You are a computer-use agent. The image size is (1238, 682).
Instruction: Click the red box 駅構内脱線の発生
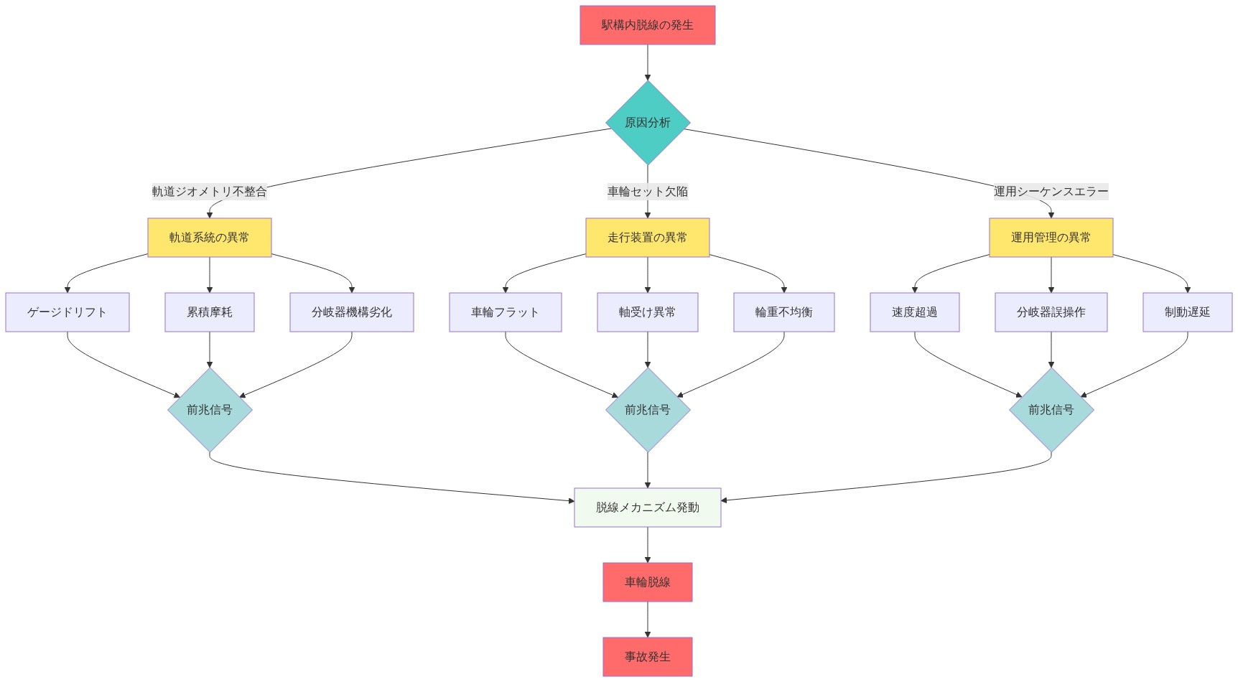pyautogui.click(x=648, y=25)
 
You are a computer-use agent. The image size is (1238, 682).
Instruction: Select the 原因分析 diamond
pyautogui.click(x=648, y=123)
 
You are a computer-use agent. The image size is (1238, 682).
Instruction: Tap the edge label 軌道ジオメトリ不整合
pyautogui.click(x=209, y=192)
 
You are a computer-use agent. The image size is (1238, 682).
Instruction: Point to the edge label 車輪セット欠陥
pyautogui.click(x=648, y=192)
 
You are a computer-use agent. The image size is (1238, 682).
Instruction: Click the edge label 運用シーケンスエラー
pyautogui.click(x=1051, y=192)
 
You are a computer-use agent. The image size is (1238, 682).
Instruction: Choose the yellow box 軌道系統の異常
pyautogui.click(x=210, y=238)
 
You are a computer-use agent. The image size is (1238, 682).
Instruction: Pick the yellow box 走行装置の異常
pyautogui.click(x=648, y=238)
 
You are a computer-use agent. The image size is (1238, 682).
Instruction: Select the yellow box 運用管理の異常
pyautogui.click(x=1051, y=238)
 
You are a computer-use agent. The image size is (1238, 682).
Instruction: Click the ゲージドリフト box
pyautogui.click(x=68, y=312)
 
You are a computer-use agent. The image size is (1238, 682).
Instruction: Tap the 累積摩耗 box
pyautogui.click(x=210, y=312)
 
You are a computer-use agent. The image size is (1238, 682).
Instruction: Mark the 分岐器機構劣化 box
pyautogui.click(x=352, y=312)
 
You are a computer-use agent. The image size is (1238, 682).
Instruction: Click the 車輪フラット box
pyautogui.click(x=506, y=312)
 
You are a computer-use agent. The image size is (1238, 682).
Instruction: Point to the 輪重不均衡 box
pyautogui.click(x=784, y=312)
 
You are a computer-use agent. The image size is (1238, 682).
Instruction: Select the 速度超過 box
pyautogui.click(x=915, y=312)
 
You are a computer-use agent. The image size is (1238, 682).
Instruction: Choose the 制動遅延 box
pyautogui.click(x=1188, y=312)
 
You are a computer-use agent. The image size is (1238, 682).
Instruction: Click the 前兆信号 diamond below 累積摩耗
pyautogui.click(x=210, y=410)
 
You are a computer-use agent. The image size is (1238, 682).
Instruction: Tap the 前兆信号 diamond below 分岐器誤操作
pyautogui.click(x=1051, y=410)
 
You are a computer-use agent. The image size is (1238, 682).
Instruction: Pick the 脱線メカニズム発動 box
pyautogui.click(x=648, y=508)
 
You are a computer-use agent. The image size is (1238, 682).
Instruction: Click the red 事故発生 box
pyautogui.click(x=648, y=657)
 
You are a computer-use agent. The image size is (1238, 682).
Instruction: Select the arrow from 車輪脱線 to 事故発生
pyautogui.click(x=648, y=620)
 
